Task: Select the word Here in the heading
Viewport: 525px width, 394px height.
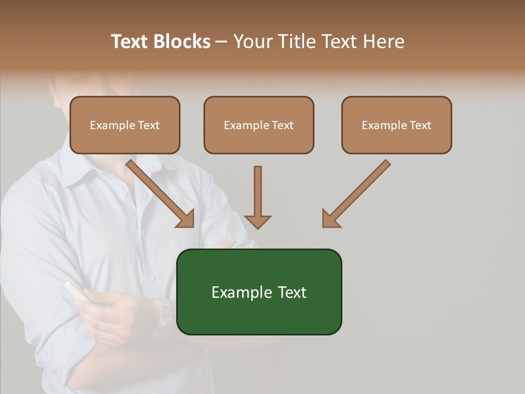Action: pyautogui.click(x=382, y=42)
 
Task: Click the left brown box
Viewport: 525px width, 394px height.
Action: pyautogui.click(x=125, y=125)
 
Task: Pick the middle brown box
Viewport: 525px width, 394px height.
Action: pyautogui.click(x=259, y=125)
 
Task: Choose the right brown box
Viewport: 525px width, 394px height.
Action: pyautogui.click(x=396, y=125)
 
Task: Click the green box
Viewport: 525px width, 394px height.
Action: pyautogui.click(x=259, y=292)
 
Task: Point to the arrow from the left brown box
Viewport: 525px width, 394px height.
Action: pyautogui.click(x=159, y=192)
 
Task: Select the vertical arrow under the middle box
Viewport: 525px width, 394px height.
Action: pyautogui.click(x=258, y=197)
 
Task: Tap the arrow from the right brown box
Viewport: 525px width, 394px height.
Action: pyautogui.click(x=358, y=192)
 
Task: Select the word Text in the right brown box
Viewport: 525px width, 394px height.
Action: pyautogui.click(x=420, y=125)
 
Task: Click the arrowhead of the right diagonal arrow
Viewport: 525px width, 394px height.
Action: pyautogui.click(x=330, y=219)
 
